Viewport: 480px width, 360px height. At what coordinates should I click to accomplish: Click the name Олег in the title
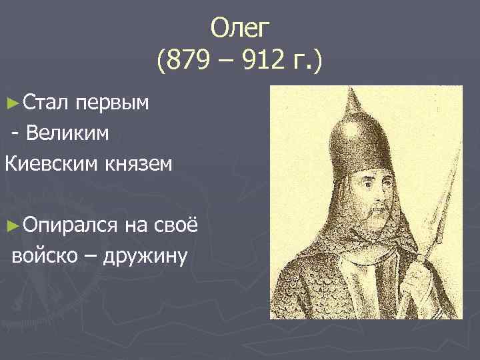(239, 29)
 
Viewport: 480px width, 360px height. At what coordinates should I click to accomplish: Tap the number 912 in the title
(262, 64)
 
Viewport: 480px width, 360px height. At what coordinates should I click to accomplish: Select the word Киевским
(49, 162)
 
